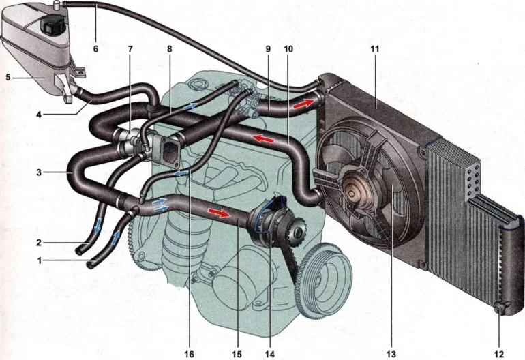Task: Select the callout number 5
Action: pyautogui.click(x=9, y=77)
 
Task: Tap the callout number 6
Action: pyautogui.click(x=95, y=49)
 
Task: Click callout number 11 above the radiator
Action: pyautogui.click(x=375, y=50)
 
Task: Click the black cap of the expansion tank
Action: pyautogui.click(x=51, y=26)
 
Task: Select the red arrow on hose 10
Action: pyautogui.click(x=258, y=139)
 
